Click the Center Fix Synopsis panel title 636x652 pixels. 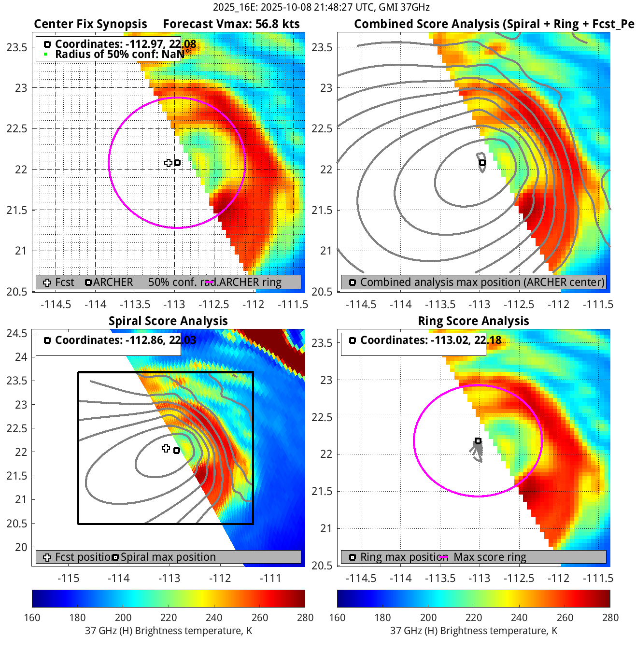(90, 24)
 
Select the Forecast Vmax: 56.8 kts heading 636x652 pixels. (231, 24)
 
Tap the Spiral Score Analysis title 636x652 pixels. (168, 321)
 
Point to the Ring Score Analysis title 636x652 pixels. (473, 321)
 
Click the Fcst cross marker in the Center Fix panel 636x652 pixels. (168, 163)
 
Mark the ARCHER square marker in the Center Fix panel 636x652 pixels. (177, 163)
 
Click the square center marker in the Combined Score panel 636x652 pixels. (482, 163)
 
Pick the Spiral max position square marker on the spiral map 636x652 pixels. (177, 451)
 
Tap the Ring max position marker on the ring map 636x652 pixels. (478, 441)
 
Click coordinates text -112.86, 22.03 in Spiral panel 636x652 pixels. (126, 340)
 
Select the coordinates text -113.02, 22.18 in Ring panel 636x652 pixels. (431, 340)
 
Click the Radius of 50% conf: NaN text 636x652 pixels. (119, 54)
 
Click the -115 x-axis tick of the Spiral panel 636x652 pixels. (68, 578)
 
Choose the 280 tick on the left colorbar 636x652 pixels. (305, 617)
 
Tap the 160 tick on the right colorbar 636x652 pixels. (337, 617)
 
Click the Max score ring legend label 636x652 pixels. (490, 557)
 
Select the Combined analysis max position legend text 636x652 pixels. (482, 282)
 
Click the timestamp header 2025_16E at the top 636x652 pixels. (321, 7)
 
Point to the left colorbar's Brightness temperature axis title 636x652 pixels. (169, 631)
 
